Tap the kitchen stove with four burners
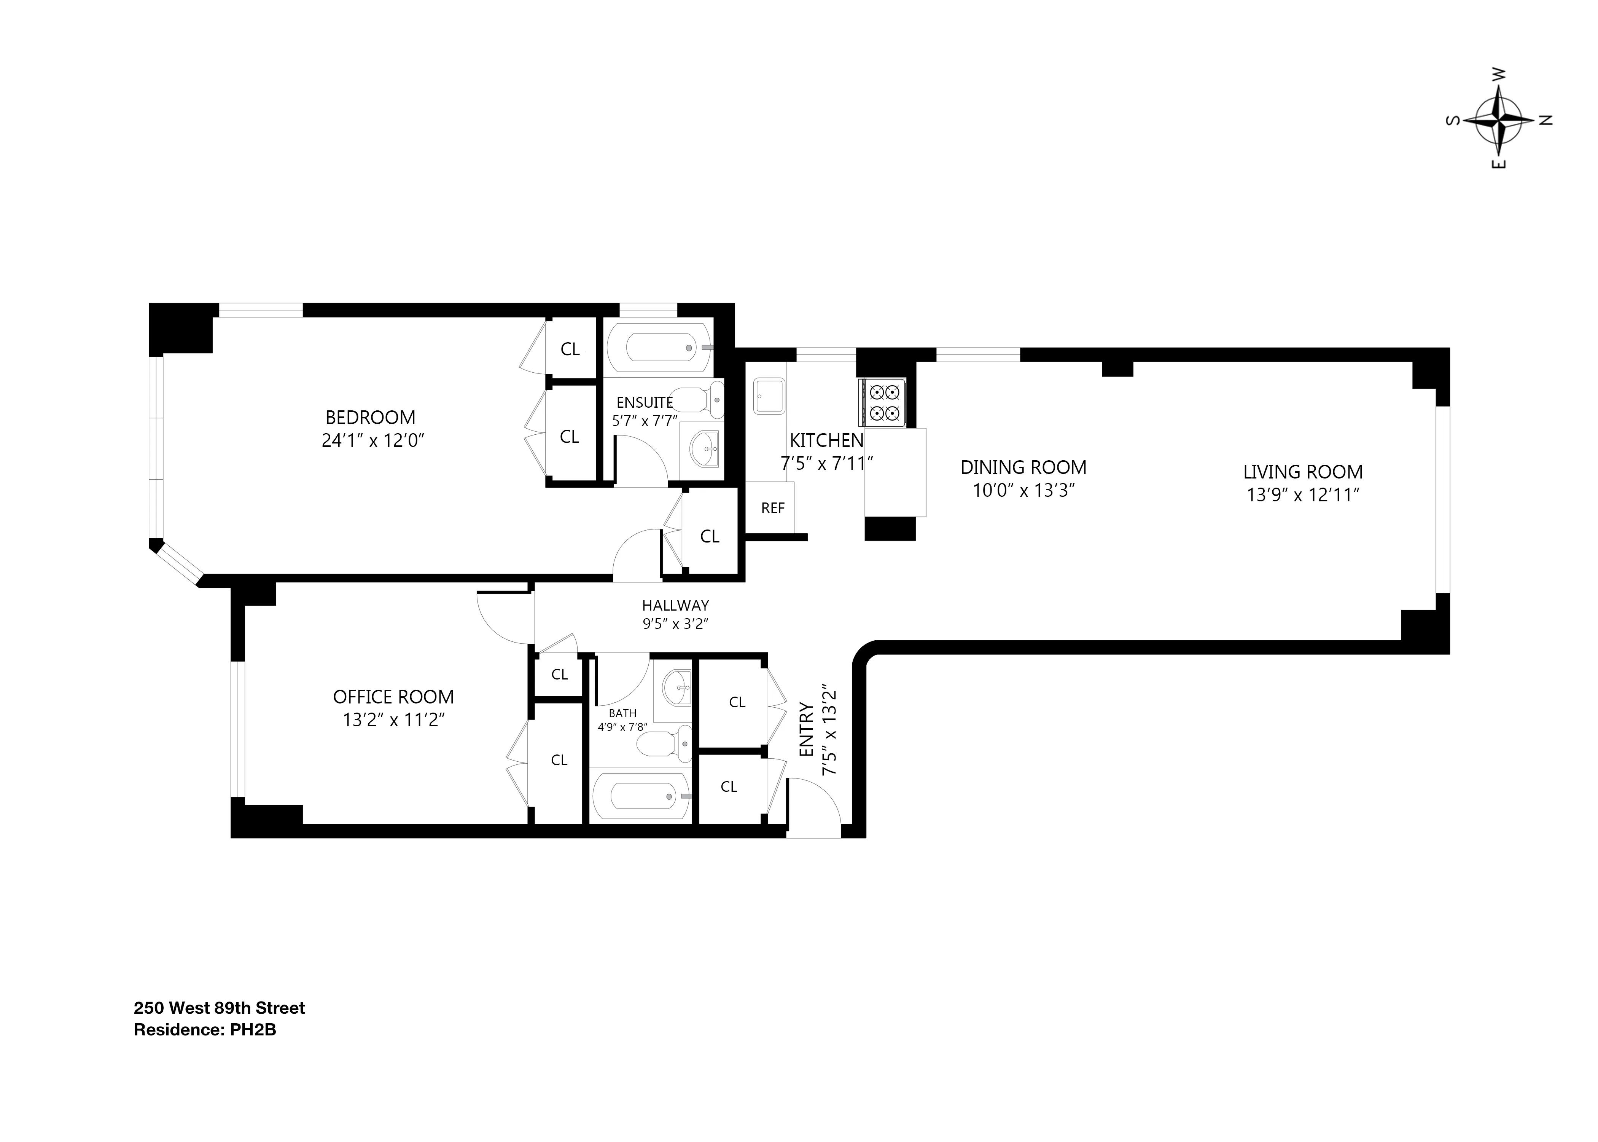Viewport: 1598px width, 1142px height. click(881, 402)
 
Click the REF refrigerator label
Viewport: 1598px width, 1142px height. click(772, 508)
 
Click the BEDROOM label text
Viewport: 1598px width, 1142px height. click(370, 418)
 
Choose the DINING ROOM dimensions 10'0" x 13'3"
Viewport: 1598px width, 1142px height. click(1024, 490)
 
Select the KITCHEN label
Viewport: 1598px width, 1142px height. click(826, 440)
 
